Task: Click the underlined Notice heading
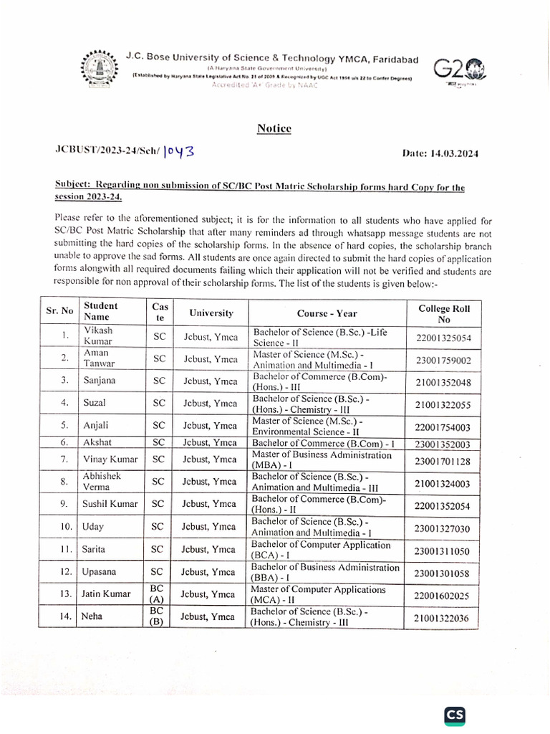[x=274, y=128]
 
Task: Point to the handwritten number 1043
[x=178, y=151]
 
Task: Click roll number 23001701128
[x=443, y=462]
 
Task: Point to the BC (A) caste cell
[x=158, y=594]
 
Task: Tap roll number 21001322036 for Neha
[x=443, y=618]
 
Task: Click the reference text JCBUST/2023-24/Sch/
[x=107, y=152]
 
